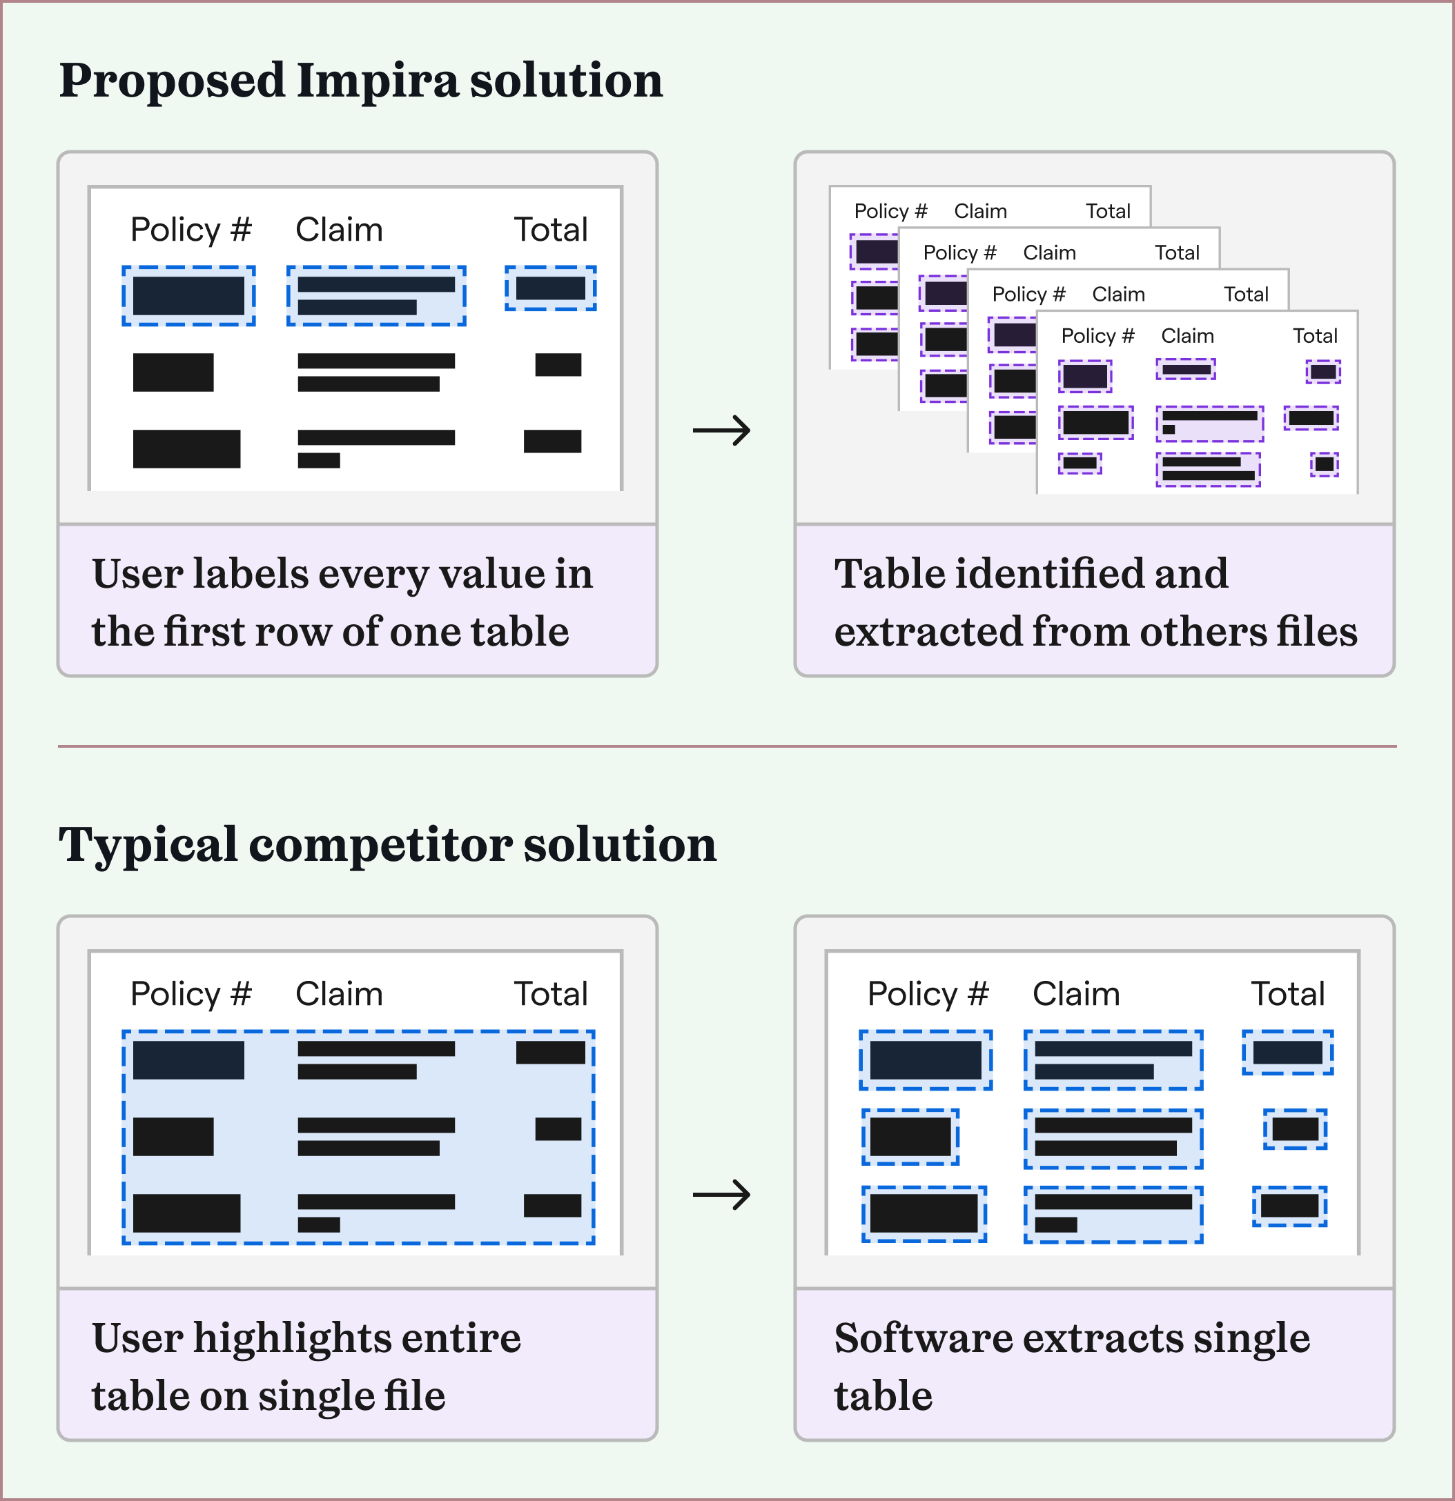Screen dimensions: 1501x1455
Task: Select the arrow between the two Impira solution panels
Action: click(721, 430)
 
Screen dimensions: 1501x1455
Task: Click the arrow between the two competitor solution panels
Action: click(721, 1195)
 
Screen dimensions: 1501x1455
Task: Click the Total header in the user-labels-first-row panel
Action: click(550, 230)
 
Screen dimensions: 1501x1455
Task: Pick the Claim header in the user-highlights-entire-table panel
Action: click(339, 994)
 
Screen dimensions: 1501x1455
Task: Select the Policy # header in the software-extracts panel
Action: click(927, 994)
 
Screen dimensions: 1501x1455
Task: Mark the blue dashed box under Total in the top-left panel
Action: click(550, 289)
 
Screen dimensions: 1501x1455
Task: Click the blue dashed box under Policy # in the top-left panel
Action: click(188, 297)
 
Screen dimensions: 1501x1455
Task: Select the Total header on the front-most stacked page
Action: click(1315, 336)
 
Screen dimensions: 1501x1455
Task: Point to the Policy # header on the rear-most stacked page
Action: click(890, 211)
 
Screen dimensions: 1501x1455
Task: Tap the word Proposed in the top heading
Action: click(172, 81)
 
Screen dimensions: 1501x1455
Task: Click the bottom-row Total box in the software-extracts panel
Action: click(1289, 1206)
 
